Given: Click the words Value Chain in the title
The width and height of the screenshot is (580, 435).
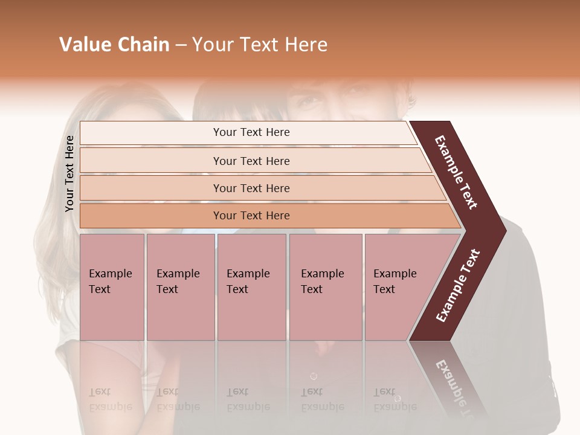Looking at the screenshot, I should (114, 45).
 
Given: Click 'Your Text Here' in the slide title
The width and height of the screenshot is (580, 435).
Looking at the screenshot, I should (260, 45).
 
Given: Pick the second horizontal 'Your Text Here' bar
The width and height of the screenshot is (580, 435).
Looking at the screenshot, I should (251, 161).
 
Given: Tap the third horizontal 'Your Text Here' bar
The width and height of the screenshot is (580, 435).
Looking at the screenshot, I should (251, 188).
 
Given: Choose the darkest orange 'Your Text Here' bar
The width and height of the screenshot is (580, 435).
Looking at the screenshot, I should (251, 216).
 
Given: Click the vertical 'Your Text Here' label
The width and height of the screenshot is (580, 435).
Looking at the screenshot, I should (69, 173).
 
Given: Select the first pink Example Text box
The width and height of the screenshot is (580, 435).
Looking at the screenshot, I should (112, 286).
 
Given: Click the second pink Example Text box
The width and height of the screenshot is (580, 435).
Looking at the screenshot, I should (180, 286).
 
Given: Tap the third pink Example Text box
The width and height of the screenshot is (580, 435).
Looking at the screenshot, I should (251, 286).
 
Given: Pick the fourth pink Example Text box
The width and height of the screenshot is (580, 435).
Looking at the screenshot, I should (325, 286).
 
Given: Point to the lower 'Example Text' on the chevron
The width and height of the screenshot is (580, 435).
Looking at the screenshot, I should (458, 286).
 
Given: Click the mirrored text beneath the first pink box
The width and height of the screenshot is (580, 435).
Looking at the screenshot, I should (110, 399).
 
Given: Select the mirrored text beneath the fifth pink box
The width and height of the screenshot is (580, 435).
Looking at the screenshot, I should (394, 399).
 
